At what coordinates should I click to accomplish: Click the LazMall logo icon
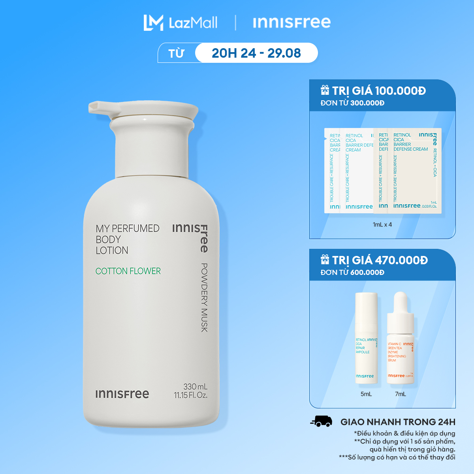click(153, 23)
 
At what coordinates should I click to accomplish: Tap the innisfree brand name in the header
click(292, 23)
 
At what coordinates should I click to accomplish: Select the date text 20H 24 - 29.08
click(256, 53)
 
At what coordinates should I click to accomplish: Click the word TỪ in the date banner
click(176, 53)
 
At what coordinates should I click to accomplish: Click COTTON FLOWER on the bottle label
click(128, 271)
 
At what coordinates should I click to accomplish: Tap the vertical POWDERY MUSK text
click(204, 297)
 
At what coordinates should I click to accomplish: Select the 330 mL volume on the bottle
click(195, 387)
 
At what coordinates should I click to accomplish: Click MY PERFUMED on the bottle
click(127, 228)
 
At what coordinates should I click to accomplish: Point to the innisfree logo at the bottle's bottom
click(122, 394)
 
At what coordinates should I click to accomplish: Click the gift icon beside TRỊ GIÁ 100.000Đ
click(325, 90)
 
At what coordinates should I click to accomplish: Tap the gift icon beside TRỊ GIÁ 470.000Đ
click(325, 260)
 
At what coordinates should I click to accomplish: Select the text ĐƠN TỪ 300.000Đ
click(352, 103)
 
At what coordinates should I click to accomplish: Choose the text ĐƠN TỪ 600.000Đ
click(352, 272)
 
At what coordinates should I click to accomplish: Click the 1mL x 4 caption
click(382, 224)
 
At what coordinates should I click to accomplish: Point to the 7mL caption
click(400, 394)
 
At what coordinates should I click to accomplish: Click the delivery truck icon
click(321, 421)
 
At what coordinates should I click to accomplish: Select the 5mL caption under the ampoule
click(366, 394)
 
